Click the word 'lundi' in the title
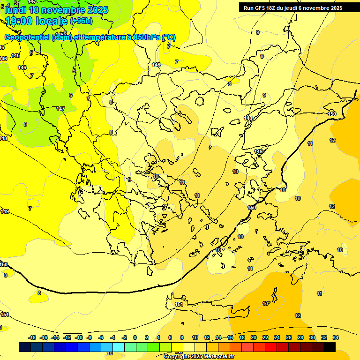(16, 9)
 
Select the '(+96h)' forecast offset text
(82, 21)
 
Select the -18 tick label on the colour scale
(32, 337)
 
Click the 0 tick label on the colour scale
(135, 337)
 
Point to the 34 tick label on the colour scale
(335, 337)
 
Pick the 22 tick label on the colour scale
(265, 337)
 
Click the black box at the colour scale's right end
(330, 347)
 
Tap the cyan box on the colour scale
(119, 347)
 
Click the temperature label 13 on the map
(265, 303)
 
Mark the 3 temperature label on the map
(15, 3)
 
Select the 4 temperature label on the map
(8, 5)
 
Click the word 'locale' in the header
(53, 21)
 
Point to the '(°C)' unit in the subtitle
(169, 37)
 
